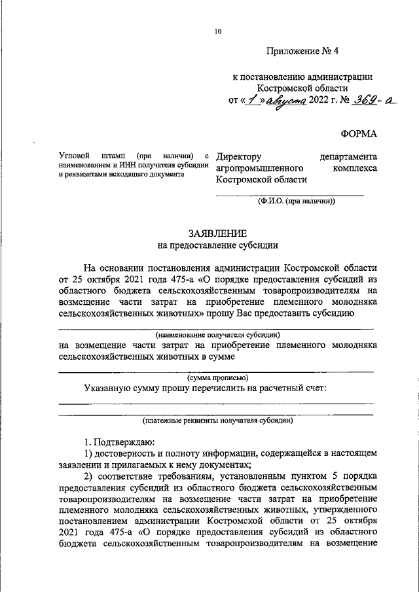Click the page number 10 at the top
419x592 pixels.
[217, 31]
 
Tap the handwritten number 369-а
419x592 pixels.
[375, 100]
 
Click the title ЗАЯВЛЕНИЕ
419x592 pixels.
[217, 234]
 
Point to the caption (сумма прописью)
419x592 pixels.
[217, 377]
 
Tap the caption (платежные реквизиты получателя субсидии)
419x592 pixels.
[217, 421]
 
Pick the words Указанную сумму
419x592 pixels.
[120, 388]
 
